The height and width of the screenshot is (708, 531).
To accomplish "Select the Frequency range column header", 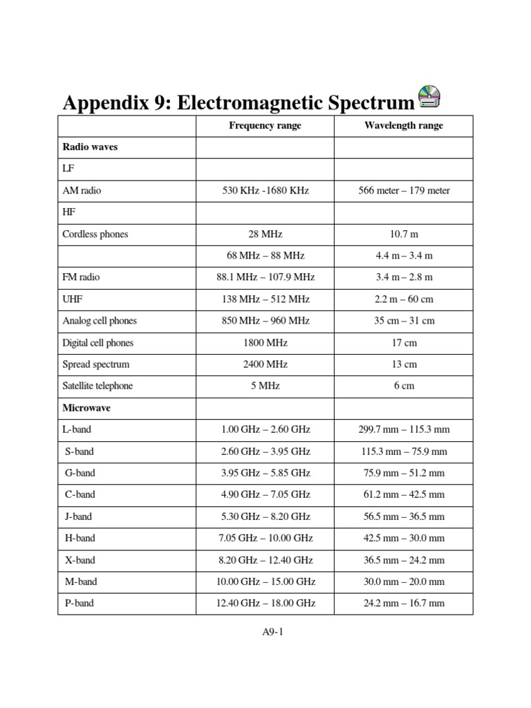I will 265,126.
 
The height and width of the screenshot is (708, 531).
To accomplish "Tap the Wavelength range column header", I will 404,126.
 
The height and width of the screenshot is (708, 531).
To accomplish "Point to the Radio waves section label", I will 90,147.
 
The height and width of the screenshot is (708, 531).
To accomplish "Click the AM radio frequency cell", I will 265,191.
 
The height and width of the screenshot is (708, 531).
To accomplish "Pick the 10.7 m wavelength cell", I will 404,234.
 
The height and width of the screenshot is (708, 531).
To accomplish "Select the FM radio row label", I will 81,277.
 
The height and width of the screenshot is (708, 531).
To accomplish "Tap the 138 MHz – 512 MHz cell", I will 265,299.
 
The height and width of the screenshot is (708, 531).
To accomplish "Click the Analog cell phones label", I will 100,321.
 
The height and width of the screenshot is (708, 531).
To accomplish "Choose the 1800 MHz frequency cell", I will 265,343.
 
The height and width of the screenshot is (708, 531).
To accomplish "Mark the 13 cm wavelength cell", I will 404,364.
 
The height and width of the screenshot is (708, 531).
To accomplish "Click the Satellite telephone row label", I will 97,386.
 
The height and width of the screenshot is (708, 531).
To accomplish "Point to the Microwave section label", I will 86,408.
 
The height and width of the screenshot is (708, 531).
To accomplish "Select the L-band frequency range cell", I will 265,429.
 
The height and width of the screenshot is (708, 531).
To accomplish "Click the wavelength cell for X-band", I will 404,560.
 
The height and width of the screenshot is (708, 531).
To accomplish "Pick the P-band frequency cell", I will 265,603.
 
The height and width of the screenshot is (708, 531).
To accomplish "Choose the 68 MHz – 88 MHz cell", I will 265,256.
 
